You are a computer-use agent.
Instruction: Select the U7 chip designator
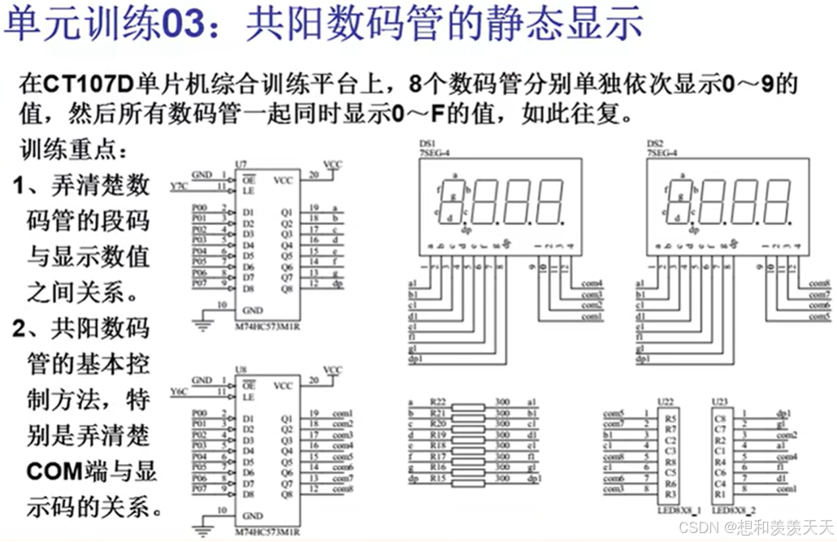pyautogui.click(x=241, y=164)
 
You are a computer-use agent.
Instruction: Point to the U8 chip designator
pyautogui.click(x=241, y=370)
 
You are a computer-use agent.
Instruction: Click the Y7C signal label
pyautogui.click(x=179, y=187)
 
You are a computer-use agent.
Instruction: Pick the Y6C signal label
pyautogui.click(x=179, y=393)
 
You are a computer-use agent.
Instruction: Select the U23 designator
pyautogui.click(x=719, y=401)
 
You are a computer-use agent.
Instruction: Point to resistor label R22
pyautogui.click(x=440, y=402)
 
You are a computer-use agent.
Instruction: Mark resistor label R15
pyautogui.click(x=440, y=479)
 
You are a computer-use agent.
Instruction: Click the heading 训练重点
pyautogui.click(x=74, y=150)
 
